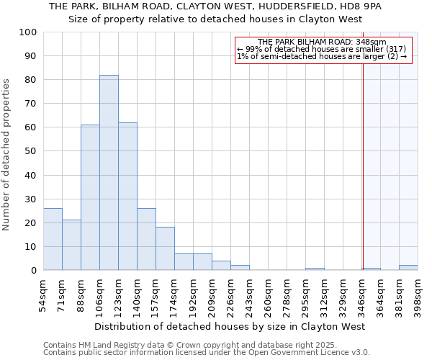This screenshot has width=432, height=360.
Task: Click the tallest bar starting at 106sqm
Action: pos(109,173)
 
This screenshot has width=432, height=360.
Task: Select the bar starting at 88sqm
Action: pos(90,198)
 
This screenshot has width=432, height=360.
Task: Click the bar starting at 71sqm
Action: pos(71,245)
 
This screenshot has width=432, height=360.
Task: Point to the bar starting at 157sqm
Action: pos(165,249)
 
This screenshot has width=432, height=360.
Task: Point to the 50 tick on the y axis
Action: pos(31,151)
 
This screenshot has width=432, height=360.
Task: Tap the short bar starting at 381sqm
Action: pos(408,268)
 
